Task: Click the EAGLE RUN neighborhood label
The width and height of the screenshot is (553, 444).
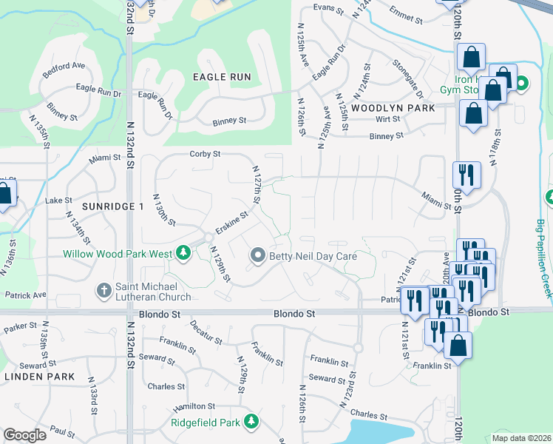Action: [x=222, y=77]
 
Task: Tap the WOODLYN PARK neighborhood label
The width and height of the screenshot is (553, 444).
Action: [x=393, y=107]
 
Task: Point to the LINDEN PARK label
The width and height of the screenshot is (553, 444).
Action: [x=39, y=377]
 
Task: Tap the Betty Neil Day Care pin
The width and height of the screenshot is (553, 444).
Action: [x=258, y=256]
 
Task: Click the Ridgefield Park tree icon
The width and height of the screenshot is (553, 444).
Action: [x=252, y=422]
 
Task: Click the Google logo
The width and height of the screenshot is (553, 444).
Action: [x=25, y=435]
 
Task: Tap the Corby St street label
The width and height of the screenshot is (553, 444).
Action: [x=206, y=154]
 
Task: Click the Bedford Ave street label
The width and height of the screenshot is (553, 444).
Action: [x=64, y=65]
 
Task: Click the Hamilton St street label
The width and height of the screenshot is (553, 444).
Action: [x=194, y=406]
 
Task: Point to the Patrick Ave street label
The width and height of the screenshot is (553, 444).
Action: [x=24, y=295]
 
